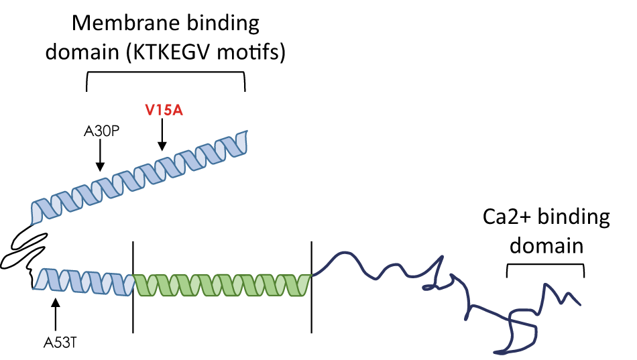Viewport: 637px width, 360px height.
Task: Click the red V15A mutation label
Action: (x=164, y=110)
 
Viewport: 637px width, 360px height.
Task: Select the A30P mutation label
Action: (x=101, y=132)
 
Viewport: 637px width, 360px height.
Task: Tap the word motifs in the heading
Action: (x=257, y=52)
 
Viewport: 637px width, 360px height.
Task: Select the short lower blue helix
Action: (x=84, y=282)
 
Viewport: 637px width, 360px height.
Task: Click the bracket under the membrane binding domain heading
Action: (x=166, y=75)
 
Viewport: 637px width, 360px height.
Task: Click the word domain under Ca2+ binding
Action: (x=546, y=245)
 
